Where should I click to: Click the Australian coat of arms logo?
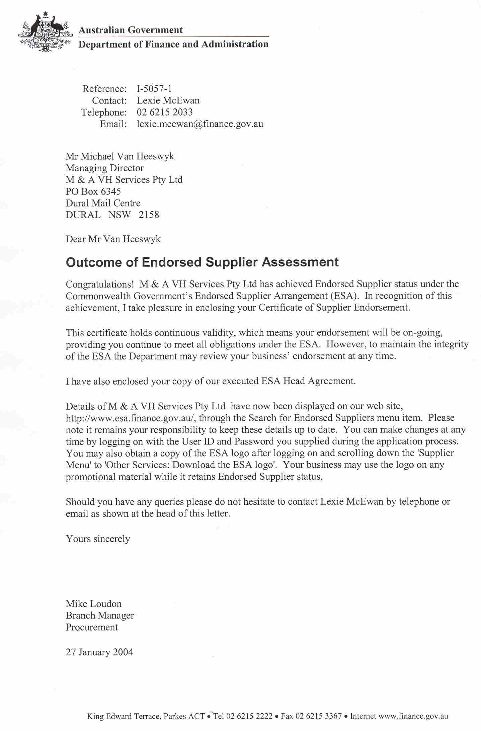point(46,33)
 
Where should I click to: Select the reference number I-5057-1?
point(154,89)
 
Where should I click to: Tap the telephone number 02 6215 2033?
point(165,112)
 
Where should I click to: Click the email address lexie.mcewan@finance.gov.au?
point(200,124)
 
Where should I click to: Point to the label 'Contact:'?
point(109,100)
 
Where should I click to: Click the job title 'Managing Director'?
point(104,168)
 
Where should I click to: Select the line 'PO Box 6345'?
point(93,191)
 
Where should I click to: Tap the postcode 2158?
point(149,215)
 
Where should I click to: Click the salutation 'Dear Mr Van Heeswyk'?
point(113,239)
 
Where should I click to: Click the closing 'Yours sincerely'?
point(98,539)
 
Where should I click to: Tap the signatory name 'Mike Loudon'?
point(94,603)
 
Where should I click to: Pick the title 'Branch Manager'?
point(100,615)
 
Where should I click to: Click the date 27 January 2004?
point(99,652)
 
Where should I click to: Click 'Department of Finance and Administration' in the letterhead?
point(173,44)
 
